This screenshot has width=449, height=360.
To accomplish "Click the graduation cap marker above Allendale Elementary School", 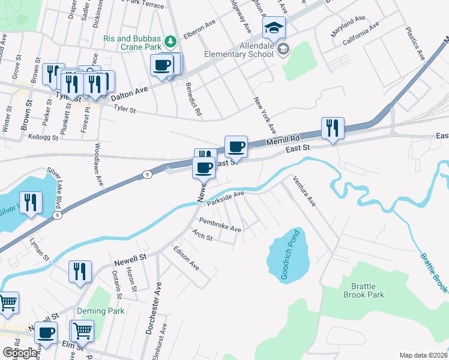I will pyautogui.click(x=273, y=28).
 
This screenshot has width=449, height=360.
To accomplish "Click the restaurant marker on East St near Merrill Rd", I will pyautogui.click(x=332, y=128).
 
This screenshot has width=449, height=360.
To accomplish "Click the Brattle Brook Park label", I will pyautogui.click(x=363, y=290).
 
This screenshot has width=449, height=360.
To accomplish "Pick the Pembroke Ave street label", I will pyautogui.click(x=220, y=225).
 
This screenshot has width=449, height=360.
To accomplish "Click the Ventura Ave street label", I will pyautogui.click(x=304, y=191).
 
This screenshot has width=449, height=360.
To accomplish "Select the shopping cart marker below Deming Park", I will pyautogui.click(x=82, y=331).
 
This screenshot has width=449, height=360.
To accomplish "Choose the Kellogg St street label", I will pyautogui.click(x=43, y=137).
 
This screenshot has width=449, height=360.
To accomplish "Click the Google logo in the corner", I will pyautogui.click(x=20, y=353).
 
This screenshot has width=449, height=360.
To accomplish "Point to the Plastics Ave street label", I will pyautogui.click(x=415, y=43).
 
